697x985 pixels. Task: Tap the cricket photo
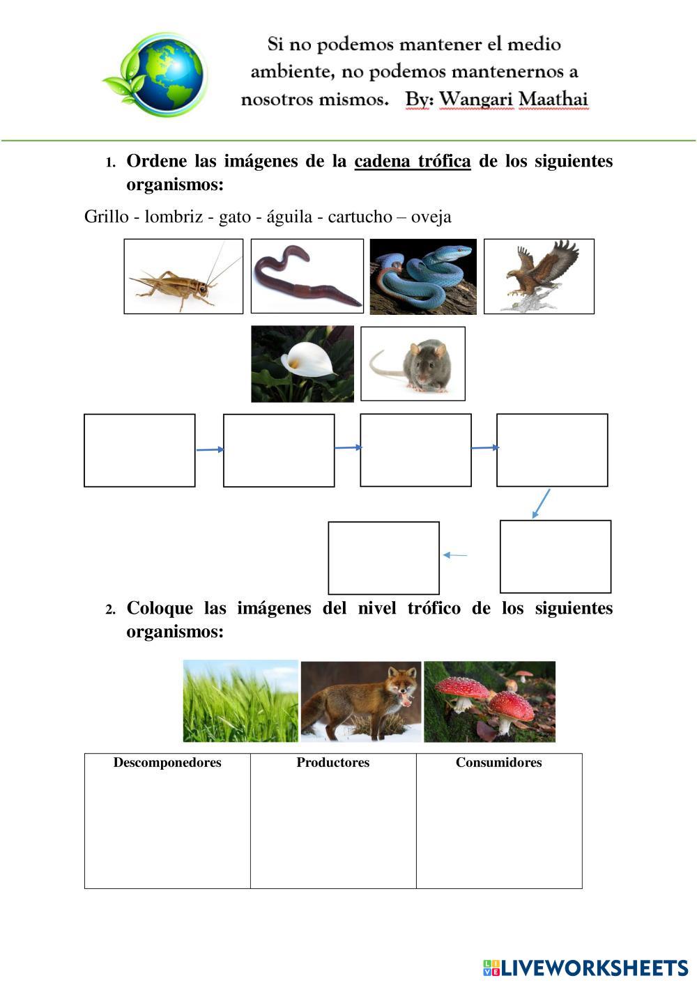point(183,277)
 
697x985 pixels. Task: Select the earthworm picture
point(307,276)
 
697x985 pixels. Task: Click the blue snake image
point(423,277)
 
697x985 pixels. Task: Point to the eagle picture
point(539,277)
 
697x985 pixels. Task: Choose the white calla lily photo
point(302,364)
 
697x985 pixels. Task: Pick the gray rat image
point(413,364)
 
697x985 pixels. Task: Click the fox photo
point(361,701)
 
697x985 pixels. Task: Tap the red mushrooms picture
point(489,701)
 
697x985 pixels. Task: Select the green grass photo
point(240,701)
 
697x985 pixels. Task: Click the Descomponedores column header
point(167,763)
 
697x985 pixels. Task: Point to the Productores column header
point(333,763)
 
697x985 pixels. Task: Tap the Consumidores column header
point(498,763)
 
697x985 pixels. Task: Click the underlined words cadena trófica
point(413,162)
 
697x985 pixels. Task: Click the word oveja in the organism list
point(431,217)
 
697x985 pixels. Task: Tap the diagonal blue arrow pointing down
point(541,503)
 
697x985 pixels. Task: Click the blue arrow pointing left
point(455,555)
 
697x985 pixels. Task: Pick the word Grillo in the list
point(106,217)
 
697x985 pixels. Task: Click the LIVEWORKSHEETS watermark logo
point(585,968)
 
